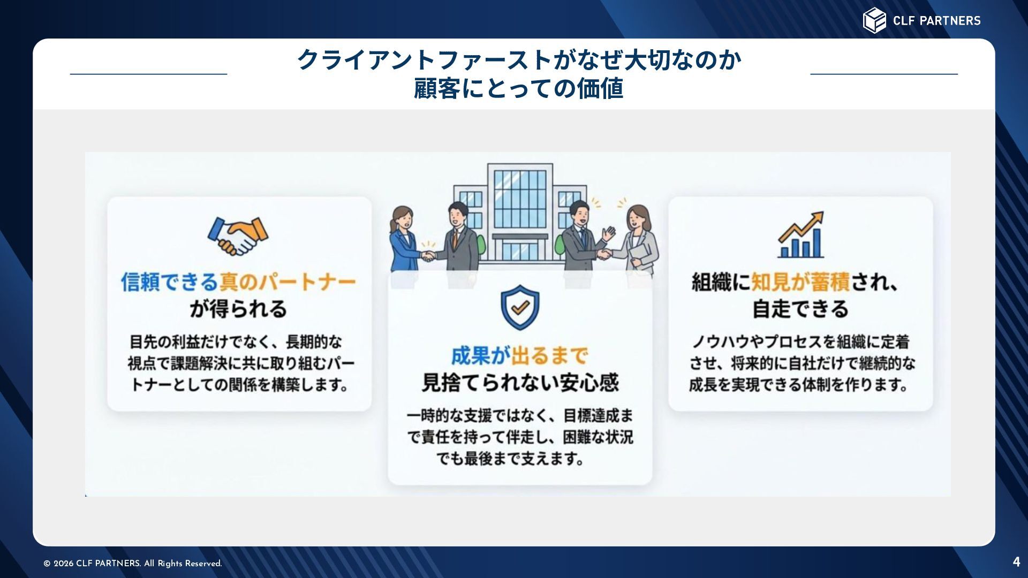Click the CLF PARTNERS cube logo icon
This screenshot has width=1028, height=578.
[x=874, y=20]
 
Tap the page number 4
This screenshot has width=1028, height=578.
[x=1016, y=561]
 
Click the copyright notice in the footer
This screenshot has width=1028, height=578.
[x=132, y=564]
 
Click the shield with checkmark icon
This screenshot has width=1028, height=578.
[x=520, y=307]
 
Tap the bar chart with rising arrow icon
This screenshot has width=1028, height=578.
[x=800, y=235]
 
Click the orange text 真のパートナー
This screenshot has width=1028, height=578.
[x=288, y=282]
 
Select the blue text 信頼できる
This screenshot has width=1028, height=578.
[x=169, y=282]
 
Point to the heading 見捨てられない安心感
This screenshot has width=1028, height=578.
[x=520, y=382]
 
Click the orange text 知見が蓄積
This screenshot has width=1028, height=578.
[x=800, y=282]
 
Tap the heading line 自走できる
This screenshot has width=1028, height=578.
[x=800, y=309]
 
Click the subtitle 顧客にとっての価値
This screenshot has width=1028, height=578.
[x=518, y=88]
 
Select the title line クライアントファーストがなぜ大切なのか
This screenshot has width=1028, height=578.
[x=518, y=59]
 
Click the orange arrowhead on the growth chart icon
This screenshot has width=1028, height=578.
[x=817, y=218]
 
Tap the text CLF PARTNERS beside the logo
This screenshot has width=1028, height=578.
[x=936, y=21]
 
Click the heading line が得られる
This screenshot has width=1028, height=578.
[x=238, y=309]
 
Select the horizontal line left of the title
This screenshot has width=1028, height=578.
[x=148, y=74]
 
